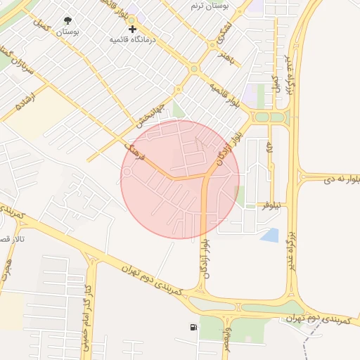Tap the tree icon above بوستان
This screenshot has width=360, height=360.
click(x=67, y=21)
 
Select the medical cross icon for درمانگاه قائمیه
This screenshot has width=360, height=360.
click(x=131, y=29)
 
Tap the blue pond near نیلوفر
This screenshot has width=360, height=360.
click(x=270, y=235)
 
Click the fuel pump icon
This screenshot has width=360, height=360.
click(x=193, y=327)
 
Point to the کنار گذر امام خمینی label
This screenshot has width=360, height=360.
click(x=87, y=297)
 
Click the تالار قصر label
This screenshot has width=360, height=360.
click(x=10, y=240)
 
